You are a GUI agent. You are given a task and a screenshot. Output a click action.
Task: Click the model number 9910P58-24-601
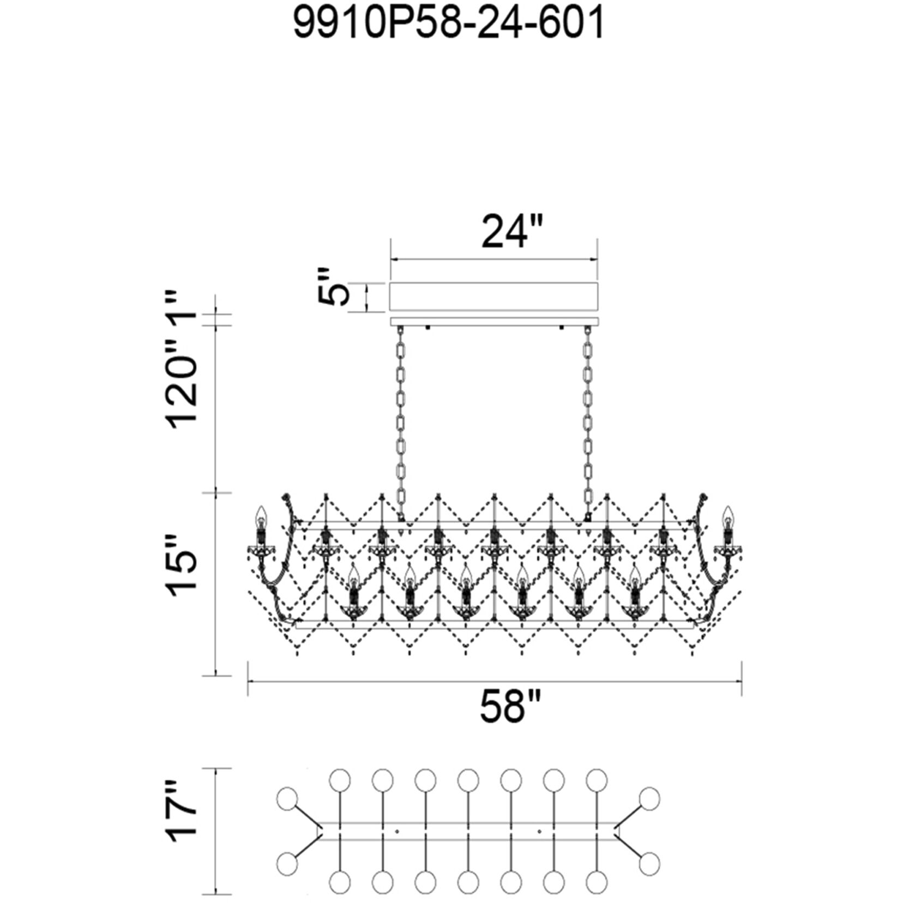449,23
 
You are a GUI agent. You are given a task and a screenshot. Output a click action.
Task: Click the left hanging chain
401,422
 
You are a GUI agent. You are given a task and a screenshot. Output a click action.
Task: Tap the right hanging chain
588,422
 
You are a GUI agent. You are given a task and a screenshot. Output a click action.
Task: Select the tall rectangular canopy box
493,297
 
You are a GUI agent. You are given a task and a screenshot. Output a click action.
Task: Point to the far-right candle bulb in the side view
726,516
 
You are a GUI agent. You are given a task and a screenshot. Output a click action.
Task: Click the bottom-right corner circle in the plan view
649,864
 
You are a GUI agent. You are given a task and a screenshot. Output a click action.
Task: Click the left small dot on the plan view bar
397,832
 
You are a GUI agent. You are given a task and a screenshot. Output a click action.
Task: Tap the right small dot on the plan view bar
539,832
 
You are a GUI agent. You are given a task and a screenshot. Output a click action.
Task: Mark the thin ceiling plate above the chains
493,322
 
